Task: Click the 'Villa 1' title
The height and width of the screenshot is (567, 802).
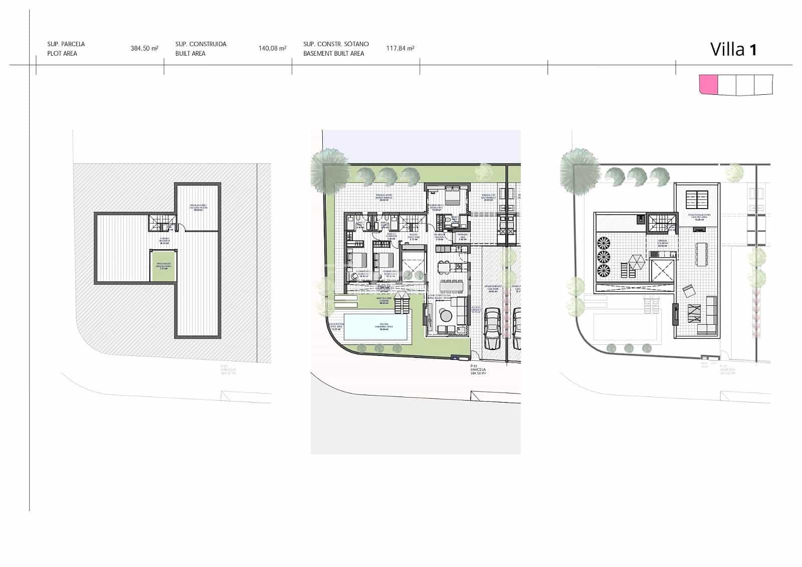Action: point(733,49)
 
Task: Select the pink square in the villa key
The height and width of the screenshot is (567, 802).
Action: point(708,84)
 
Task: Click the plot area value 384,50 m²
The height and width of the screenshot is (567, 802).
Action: point(144,49)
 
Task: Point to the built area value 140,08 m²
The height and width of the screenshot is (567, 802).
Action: point(272,49)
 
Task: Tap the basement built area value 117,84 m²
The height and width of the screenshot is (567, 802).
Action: point(400,49)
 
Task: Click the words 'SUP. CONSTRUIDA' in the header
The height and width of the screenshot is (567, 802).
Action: point(200,44)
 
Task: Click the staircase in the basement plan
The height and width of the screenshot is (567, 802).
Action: point(161,222)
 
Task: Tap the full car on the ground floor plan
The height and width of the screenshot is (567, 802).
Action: point(492,329)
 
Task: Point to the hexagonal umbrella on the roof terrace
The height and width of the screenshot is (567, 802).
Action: point(637,262)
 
